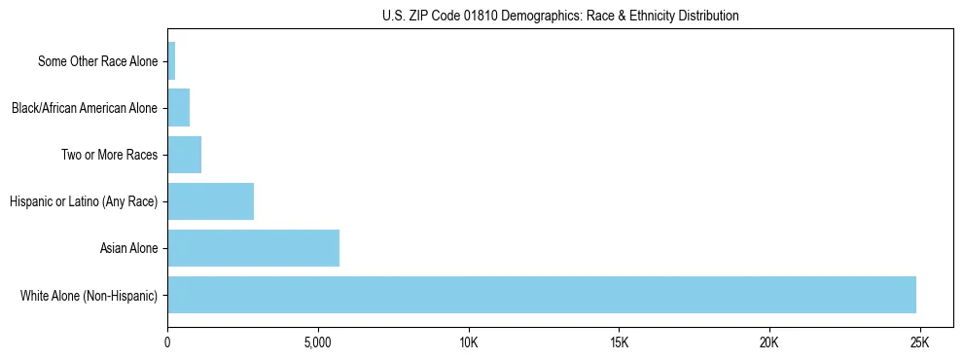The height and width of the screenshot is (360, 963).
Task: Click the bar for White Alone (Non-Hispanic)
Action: pos(542,295)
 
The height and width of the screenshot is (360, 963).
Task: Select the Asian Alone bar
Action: pos(254,248)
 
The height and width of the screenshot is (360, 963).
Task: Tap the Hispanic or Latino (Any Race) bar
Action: pos(211,201)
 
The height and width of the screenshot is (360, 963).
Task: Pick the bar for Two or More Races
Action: pos(185,155)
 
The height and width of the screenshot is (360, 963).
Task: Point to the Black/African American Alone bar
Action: pos(179,108)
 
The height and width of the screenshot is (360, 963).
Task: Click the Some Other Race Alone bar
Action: pos(172,61)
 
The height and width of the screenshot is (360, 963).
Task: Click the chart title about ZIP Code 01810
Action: pos(560,16)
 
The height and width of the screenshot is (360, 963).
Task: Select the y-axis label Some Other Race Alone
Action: pos(97,61)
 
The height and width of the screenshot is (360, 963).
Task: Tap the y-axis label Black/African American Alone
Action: pos(85,108)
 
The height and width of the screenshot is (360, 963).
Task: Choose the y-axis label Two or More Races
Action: pos(109,155)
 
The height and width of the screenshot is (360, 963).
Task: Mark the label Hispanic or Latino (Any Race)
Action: pos(84,201)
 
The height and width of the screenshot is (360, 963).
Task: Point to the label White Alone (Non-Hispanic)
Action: pos(89,295)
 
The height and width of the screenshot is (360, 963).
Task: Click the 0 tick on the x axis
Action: pos(168,342)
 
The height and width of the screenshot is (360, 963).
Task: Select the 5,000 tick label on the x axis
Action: pos(318,342)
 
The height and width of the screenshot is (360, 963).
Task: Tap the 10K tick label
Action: pos(469,342)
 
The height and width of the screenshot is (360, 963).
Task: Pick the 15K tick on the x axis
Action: pos(619,342)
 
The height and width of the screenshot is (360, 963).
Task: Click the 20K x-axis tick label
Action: pos(769,342)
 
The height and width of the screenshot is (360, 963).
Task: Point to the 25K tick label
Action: pos(919,342)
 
